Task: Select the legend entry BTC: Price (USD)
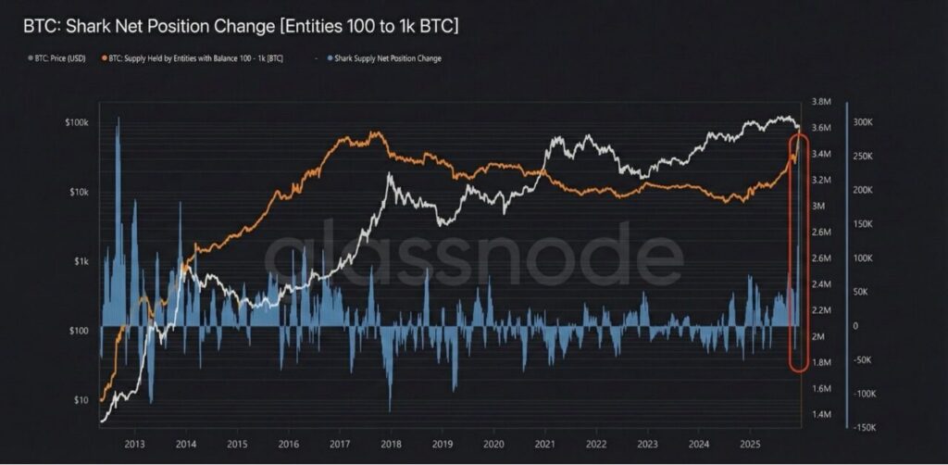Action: coord(57,58)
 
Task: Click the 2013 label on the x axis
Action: coord(134,444)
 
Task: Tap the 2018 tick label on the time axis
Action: coord(391,444)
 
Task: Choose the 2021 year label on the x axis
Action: coord(544,444)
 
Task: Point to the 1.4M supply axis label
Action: coord(822,414)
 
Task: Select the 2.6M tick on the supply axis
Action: coord(822,258)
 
